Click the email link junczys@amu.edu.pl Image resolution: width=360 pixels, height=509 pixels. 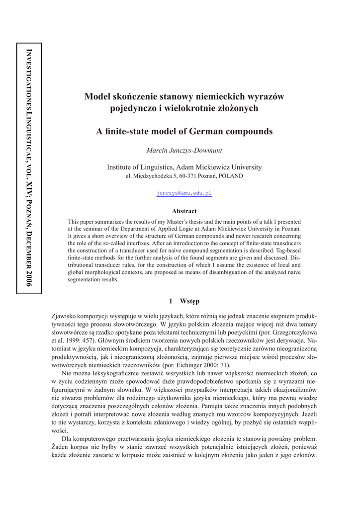click(184, 193)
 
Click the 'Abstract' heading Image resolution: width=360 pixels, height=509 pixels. click(184, 211)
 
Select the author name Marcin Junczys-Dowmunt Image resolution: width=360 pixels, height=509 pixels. click(184, 150)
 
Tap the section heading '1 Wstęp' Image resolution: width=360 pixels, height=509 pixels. click(184, 301)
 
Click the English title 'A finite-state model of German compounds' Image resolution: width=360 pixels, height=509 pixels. click(184, 132)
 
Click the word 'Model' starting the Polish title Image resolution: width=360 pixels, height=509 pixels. click(96, 96)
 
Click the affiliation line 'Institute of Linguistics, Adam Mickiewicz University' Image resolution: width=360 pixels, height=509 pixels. click(184, 167)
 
